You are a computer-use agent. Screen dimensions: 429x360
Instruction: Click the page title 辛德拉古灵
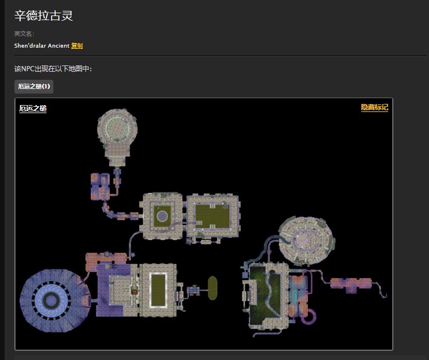(x=44, y=16)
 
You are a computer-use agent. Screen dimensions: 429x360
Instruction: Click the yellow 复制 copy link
(x=77, y=46)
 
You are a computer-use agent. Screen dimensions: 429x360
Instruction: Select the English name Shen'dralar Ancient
(x=41, y=46)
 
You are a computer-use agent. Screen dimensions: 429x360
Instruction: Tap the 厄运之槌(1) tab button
(x=34, y=87)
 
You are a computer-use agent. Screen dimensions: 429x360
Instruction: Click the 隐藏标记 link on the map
(x=374, y=107)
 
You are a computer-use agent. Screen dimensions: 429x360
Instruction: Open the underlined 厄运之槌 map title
(x=33, y=109)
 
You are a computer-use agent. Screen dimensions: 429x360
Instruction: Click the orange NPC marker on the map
(x=134, y=292)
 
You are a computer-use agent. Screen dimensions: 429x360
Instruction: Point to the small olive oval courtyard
(x=212, y=288)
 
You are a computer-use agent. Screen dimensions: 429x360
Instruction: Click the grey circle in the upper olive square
(x=163, y=216)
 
